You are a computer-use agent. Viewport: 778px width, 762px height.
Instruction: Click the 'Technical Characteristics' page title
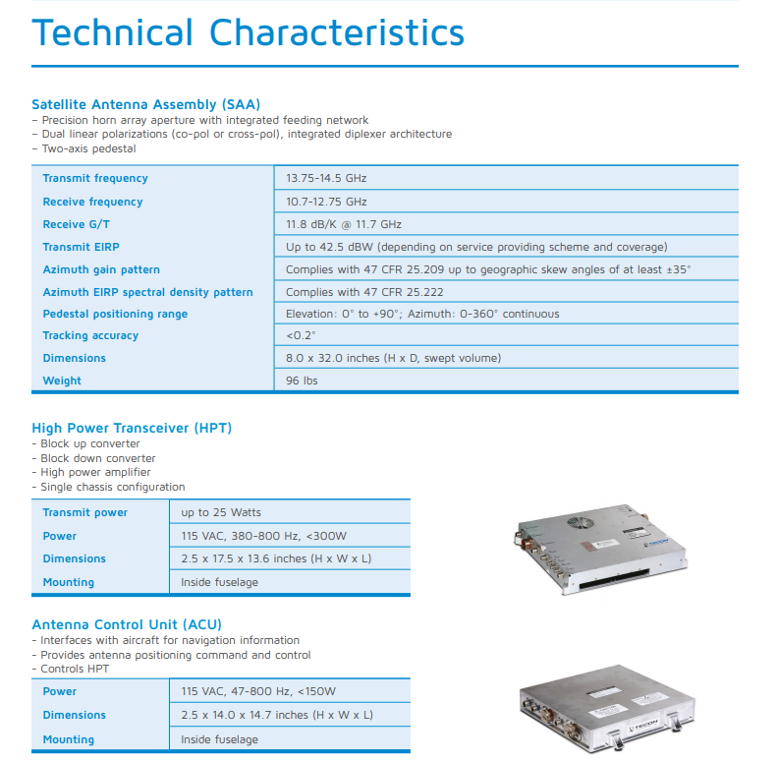click(248, 32)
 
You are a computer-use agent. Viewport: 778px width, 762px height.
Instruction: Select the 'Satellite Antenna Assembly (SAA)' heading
click(145, 104)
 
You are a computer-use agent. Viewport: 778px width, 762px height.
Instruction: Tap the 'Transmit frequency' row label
click(95, 178)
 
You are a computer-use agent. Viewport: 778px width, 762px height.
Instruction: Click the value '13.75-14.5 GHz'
click(326, 178)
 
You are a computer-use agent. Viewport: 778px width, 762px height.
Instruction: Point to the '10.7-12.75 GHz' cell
click(326, 202)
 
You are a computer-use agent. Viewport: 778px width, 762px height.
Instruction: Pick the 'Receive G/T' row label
click(78, 224)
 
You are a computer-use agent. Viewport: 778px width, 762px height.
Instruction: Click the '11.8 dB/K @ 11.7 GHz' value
click(344, 224)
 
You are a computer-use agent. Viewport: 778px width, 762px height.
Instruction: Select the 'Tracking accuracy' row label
click(90, 335)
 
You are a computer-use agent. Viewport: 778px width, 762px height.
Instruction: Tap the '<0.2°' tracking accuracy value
click(301, 335)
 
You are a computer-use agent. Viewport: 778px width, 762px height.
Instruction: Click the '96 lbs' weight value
click(302, 381)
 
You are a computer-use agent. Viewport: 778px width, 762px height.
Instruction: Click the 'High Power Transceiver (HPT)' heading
click(132, 428)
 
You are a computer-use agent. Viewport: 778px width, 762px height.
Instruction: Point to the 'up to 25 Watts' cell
click(221, 512)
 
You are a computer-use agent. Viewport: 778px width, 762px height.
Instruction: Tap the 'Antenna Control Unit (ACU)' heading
click(127, 624)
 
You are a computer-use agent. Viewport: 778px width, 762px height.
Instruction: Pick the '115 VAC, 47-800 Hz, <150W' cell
click(258, 691)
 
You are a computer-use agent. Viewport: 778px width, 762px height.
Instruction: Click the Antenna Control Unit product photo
click(602, 713)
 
